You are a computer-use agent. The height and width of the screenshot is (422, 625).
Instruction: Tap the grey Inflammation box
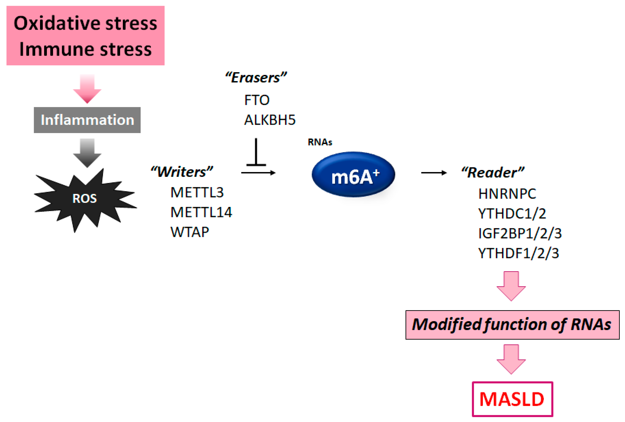coord(87,120)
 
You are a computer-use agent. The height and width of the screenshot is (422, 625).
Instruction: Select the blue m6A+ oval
coord(353,174)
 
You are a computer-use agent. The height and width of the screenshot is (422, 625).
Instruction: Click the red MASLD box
coord(512,399)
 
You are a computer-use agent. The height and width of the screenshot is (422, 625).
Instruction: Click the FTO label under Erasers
coord(257,100)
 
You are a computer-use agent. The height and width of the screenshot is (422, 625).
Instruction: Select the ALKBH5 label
coord(270,120)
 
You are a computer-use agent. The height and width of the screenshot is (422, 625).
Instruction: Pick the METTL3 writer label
coord(197,192)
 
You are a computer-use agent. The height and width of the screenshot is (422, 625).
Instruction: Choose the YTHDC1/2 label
coord(512,214)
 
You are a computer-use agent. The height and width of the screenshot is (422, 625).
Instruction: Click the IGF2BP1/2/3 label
coord(520,233)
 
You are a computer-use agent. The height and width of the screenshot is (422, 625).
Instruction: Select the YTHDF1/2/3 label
coord(519,253)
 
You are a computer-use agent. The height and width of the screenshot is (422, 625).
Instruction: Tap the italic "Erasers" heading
coord(256,78)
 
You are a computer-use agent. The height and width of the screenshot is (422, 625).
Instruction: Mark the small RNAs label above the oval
coord(320,142)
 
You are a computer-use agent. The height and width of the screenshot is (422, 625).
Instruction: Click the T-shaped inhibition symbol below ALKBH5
coord(256,152)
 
